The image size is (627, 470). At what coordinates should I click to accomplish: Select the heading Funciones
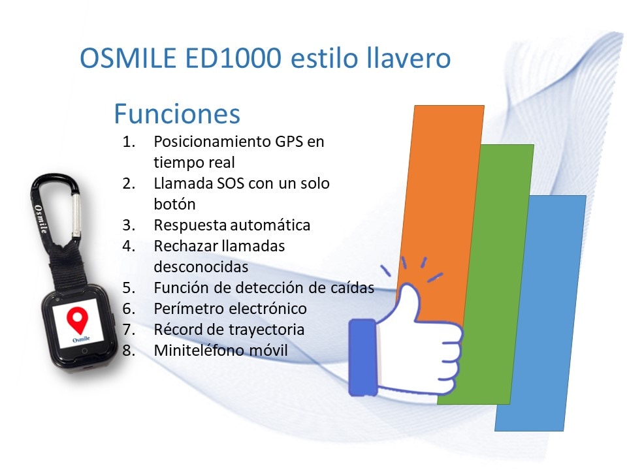177,114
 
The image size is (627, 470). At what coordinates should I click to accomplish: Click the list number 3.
129,225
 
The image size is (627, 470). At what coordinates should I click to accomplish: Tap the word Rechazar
185,246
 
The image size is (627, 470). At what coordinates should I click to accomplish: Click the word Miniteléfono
199,350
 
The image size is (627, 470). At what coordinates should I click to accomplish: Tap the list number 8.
129,351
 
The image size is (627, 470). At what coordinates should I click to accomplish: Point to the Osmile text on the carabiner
40,219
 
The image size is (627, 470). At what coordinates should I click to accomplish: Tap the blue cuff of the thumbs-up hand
362,357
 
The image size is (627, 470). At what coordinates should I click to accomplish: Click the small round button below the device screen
85,351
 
